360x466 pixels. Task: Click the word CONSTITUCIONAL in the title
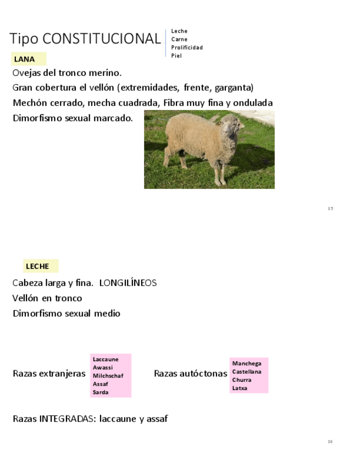pyautogui.click(x=101, y=39)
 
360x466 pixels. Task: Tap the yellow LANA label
pyautogui.click(x=25, y=59)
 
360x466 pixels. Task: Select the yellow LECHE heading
pyautogui.click(x=37, y=267)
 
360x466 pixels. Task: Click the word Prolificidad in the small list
pyautogui.click(x=187, y=47)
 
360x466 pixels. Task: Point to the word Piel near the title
pyautogui.click(x=176, y=56)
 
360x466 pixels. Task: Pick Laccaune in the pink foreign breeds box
pyautogui.click(x=106, y=359)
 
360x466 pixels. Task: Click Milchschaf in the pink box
pyautogui.click(x=108, y=376)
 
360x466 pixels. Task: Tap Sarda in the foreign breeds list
pyautogui.click(x=101, y=392)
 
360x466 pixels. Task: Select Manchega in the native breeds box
pyautogui.click(x=247, y=363)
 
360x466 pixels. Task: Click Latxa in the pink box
pyautogui.click(x=240, y=388)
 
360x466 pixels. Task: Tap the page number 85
pyautogui.click(x=330, y=208)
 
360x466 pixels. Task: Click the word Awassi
pyautogui.click(x=103, y=368)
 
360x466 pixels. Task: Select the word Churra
pyautogui.click(x=242, y=380)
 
